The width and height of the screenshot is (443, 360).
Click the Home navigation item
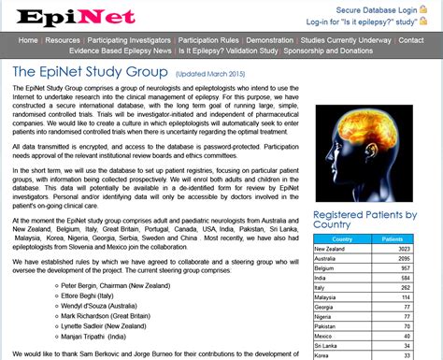[28, 41]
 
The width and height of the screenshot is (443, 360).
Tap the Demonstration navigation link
[269, 41]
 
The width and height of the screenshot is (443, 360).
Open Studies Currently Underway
[345, 41]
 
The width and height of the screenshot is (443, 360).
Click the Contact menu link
[411, 41]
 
